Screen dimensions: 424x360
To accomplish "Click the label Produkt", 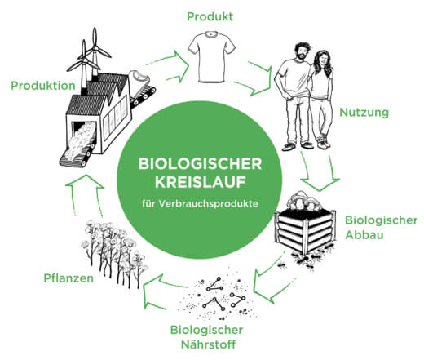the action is [x=210, y=16].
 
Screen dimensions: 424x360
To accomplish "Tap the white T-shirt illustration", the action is [x=212, y=57].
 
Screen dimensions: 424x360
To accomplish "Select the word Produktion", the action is [x=43, y=86].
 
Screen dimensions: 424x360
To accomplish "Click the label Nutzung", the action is [x=364, y=112].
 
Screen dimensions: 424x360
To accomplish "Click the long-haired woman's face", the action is [x=322, y=60].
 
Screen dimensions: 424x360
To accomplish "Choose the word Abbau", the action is [x=364, y=235].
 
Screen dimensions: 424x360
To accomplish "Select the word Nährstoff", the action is [x=208, y=344].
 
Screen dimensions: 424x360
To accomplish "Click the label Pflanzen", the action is [x=68, y=278].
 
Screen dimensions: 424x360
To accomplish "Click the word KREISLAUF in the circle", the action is [x=201, y=182].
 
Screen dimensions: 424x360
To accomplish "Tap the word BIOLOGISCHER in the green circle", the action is [x=201, y=164].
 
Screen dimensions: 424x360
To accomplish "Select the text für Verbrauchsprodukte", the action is [x=200, y=203].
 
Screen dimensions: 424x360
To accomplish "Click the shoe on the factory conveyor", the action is [x=139, y=78].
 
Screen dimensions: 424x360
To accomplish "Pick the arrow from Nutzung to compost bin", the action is [x=320, y=174].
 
